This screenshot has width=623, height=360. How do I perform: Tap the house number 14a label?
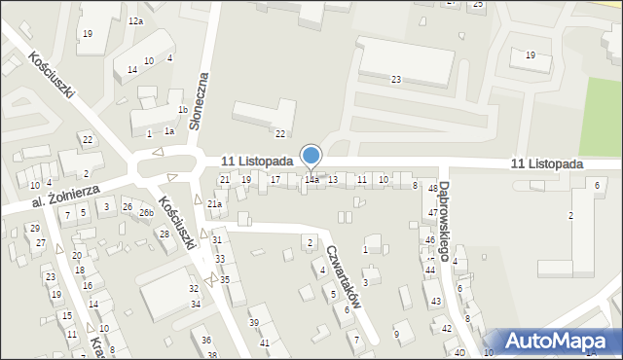311,180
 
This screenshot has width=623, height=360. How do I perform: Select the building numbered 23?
396,79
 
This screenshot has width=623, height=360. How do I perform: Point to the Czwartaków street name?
346,275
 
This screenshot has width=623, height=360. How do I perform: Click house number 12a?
135,21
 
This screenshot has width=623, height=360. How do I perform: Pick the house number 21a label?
214,203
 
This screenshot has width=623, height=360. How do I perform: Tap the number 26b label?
146,213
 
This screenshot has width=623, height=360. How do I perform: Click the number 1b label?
182,110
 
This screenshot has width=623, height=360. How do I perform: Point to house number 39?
254,322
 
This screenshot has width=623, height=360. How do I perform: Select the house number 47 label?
433,212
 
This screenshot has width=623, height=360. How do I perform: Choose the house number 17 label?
275,180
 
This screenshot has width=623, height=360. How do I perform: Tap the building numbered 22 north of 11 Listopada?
280,133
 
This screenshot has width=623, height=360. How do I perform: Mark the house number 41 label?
265,342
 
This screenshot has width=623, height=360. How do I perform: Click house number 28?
164,234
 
